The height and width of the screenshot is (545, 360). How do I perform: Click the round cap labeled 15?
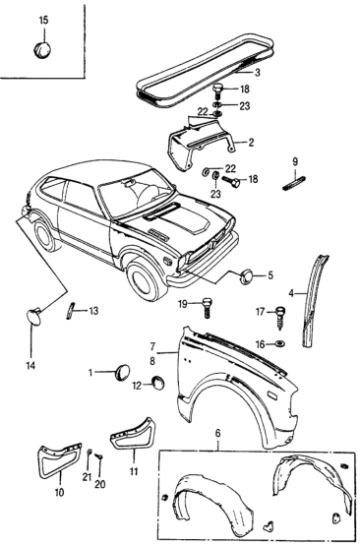pos(42,49)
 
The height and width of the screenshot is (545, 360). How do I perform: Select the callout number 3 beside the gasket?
pos(257,73)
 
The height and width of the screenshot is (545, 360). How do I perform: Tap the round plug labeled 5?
pos(247,276)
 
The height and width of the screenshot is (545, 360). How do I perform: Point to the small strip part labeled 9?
pos(294,183)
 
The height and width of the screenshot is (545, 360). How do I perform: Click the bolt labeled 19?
pos(207,308)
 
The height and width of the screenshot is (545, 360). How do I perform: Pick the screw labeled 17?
pos(280,318)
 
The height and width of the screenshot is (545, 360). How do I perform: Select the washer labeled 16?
pos(280,344)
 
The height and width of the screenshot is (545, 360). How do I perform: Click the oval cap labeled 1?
pos(122,372)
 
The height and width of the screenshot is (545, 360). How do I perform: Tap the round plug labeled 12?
pos(157,383)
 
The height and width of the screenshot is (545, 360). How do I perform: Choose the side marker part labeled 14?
pos(34,317)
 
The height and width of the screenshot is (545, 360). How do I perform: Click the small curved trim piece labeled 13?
pos(70,310)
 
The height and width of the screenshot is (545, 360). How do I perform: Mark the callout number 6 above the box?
pos(218,434)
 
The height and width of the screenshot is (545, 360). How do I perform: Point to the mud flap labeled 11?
pos(133,434)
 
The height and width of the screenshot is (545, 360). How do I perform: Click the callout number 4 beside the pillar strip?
pos(291,293)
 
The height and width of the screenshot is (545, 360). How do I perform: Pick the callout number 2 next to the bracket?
pos(251,143)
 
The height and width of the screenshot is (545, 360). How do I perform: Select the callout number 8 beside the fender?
pos(152,361)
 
